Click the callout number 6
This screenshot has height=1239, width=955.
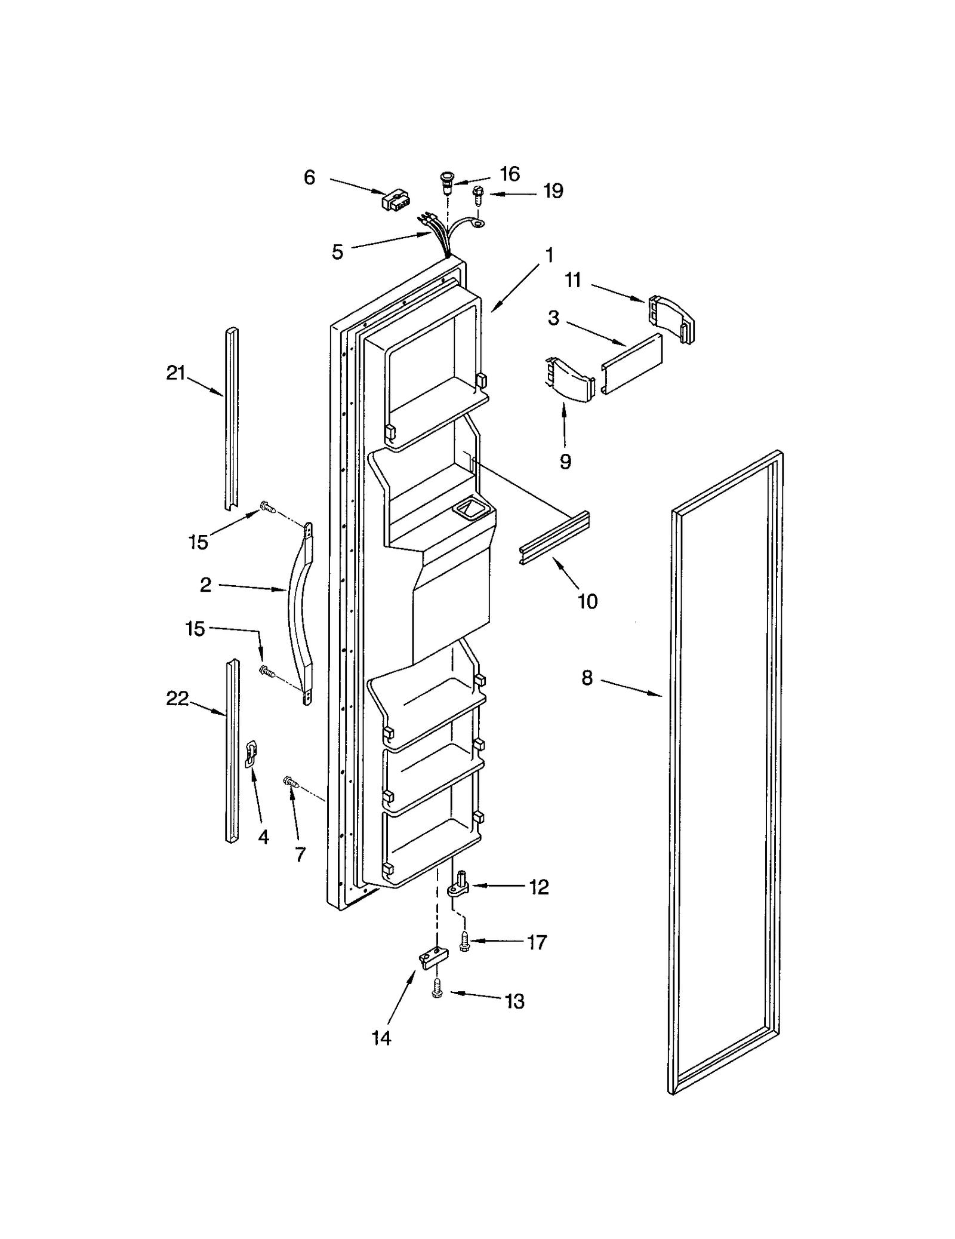point(309,177)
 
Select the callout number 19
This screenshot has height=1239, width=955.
point(553,191)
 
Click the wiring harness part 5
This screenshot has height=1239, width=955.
point(439,236)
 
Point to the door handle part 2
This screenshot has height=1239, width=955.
point(300,615)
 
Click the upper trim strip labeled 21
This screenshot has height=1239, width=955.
point(232,418)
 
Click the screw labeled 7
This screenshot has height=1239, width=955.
point(291,780)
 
